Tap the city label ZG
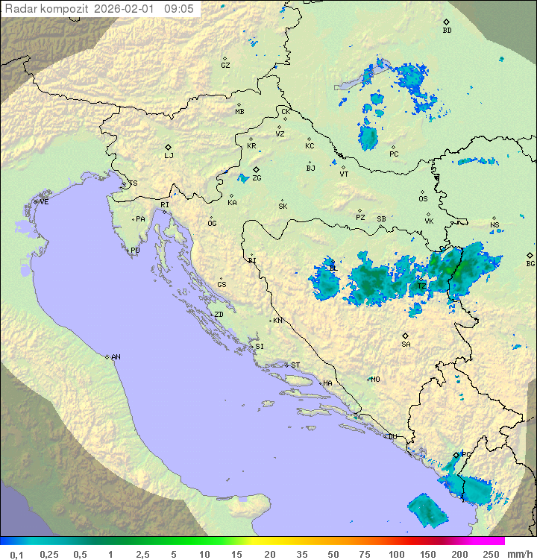coord(257,178)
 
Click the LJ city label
coord(169,156)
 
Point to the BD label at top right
coord(447,31)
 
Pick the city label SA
coord(406,345)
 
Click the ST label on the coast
coord(295,365)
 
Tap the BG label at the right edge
coord(530,263)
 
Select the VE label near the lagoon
coord(44,202)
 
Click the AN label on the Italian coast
coord(116,357)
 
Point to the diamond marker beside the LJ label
coord(169,147)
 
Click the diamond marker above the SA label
coord(406,336)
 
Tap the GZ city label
coord(225,66)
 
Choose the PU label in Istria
coord(135,251)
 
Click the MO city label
coord(375,380)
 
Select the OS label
coord(423,199)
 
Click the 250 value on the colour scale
coord(490,554)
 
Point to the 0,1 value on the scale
coord(16,554)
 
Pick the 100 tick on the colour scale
coord(396,554)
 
